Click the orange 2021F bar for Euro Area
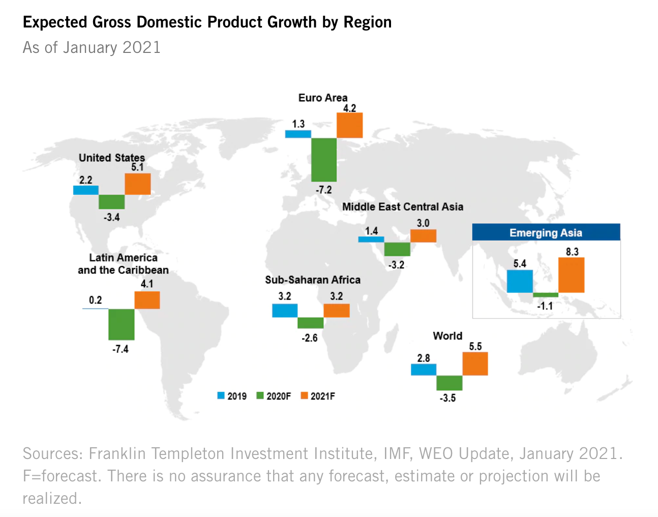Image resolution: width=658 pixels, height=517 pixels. [x=350, y=125]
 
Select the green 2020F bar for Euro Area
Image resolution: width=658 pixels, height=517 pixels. [x=324, y=160]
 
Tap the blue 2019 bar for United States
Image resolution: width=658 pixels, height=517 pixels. [x=86, y=190]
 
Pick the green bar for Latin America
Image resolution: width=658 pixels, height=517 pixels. [x=122, y=324]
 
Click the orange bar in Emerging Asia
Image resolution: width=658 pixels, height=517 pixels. [x=571, y=275]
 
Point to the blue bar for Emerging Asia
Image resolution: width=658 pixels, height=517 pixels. [x=520, y=281]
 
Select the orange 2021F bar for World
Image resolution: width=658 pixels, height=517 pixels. [x=475, y=364]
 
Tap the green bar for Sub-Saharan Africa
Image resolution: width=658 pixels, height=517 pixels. [x=310, y=323]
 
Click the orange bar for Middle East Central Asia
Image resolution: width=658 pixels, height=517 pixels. [x=423, y=236]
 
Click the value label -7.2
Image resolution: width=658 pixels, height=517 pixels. [x=324, y=190]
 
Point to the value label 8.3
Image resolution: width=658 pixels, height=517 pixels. [x=572, y=251]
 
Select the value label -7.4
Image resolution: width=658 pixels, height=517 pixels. [x=121, y=349]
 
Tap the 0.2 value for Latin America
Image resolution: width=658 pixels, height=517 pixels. [x=95, y=300]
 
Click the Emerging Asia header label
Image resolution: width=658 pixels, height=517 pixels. [x=546, y=233]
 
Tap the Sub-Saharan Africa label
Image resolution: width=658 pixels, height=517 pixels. [x=313, y=279]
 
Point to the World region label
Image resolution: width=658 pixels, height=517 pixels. [x=447, y=336]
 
